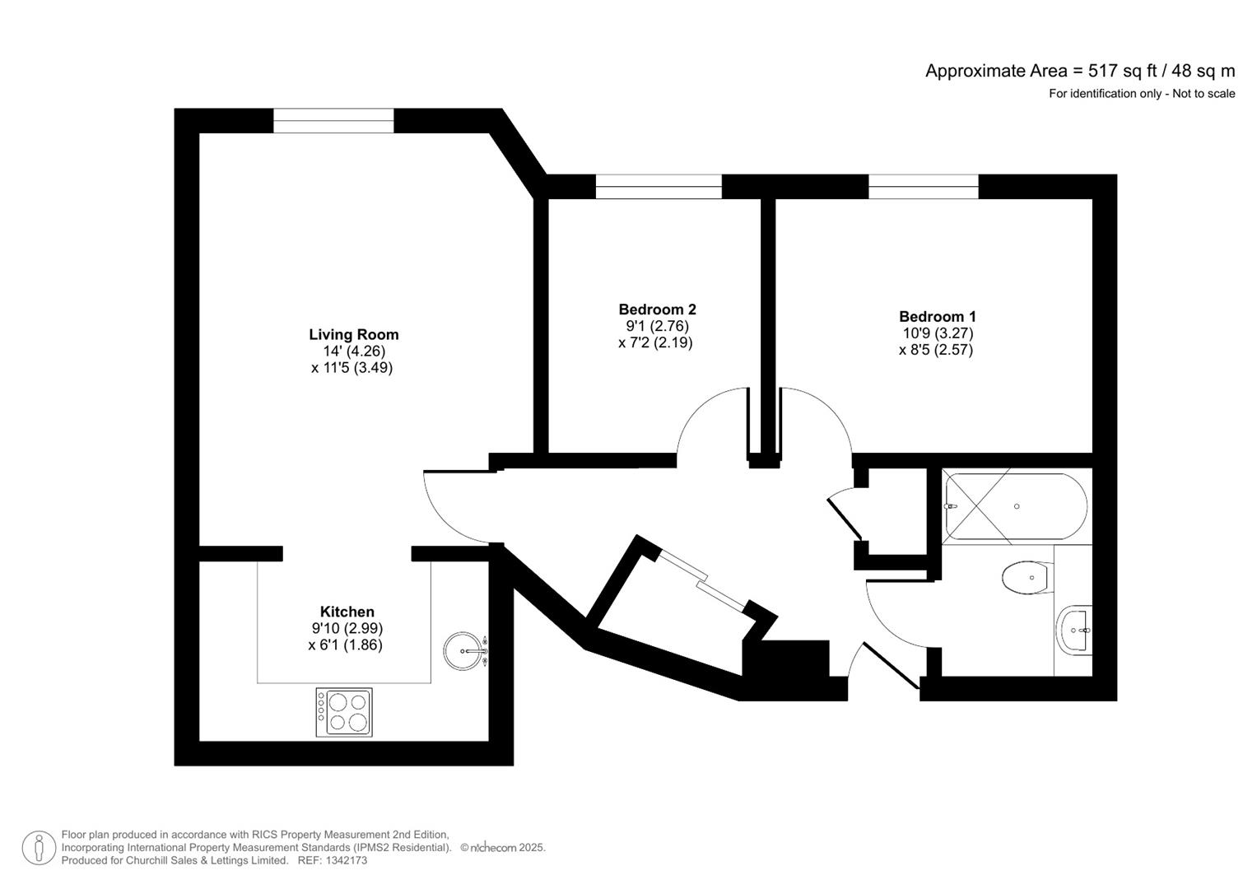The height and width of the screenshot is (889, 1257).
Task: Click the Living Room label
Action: coord(353,334)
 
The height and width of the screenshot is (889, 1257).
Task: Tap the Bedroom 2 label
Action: coord(657,310)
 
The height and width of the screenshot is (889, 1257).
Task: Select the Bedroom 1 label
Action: coord(937,316)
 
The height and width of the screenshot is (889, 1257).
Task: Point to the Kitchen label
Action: coord(347,612)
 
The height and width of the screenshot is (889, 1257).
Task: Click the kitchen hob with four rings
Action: coord(344,712)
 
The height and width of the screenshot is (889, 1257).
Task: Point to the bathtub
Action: coord(1015,506)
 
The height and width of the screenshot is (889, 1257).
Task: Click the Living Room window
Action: coord(333,121)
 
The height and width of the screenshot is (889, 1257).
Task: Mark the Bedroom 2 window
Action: coord(659,187)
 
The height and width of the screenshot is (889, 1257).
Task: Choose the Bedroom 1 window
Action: coord(923,187)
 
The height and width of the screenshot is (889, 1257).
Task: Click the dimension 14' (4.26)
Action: coord(354,351)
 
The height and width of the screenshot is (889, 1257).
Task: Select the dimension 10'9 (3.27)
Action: coord(938,333)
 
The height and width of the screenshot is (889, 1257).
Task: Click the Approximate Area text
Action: coord(1079,71)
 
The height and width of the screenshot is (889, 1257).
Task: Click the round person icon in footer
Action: coord(39,848)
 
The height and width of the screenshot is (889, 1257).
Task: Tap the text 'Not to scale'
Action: coord(1203,94)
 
